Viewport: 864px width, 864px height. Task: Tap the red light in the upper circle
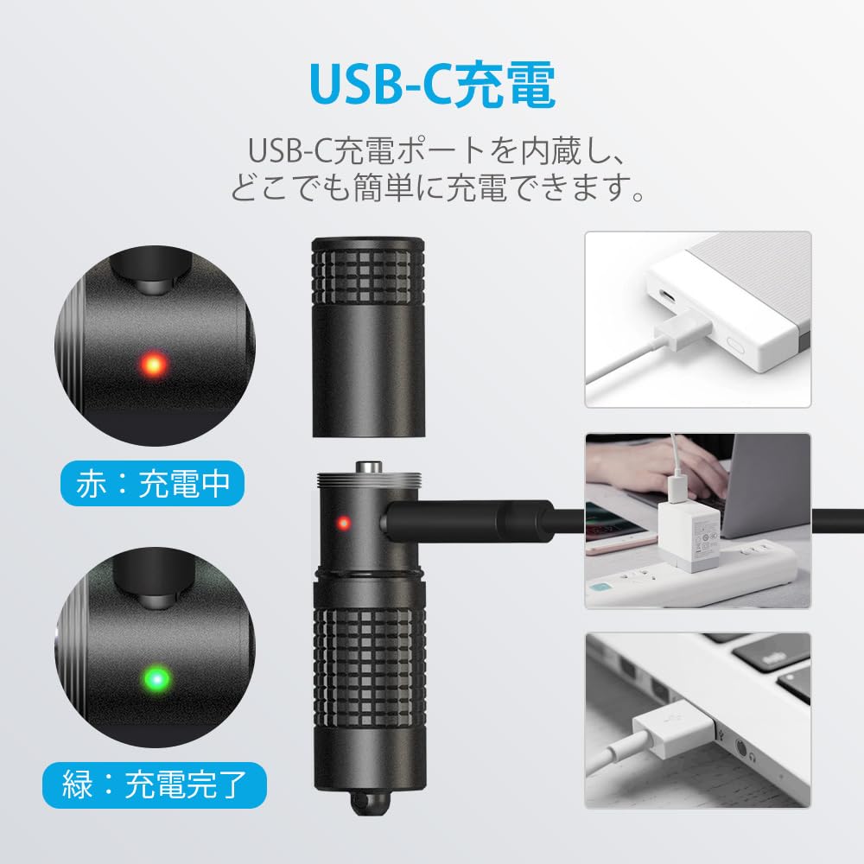(x=155, y=365)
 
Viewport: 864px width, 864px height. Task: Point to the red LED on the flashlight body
(x=343, y=523)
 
